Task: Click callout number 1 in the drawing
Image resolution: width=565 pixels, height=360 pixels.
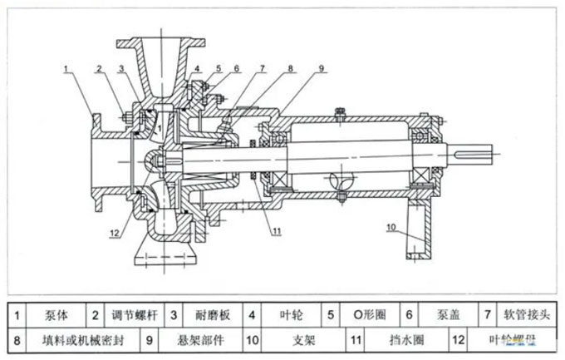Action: click(66, 66)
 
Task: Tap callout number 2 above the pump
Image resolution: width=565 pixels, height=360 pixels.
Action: click(98, 66)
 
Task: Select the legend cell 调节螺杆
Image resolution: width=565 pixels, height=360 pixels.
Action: click(132, 317)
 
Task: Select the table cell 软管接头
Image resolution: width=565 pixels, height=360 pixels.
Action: click(527, 317)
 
